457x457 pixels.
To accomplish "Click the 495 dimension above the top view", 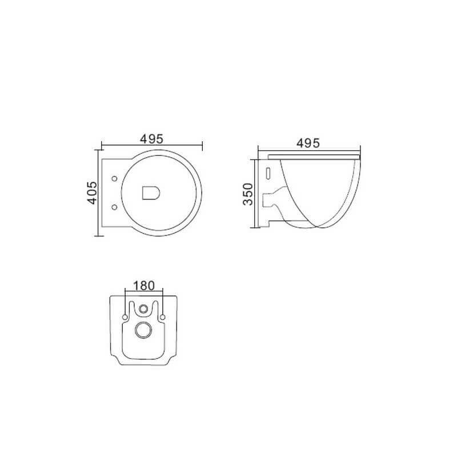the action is [151, 139].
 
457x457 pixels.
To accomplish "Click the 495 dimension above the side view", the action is [308, 143].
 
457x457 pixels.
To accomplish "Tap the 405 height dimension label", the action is [92, 193].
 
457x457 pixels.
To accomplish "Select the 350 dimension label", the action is [248, 194].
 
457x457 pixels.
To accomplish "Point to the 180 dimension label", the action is [144, 286].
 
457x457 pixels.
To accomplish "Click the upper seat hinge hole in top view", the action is [115, 178].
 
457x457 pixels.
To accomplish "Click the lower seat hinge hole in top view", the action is [115, 207].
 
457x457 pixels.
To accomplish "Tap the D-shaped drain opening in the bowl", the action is [151, 193].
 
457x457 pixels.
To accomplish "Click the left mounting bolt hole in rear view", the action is [125, 317].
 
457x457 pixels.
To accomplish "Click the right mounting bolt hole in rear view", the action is [163, 317].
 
